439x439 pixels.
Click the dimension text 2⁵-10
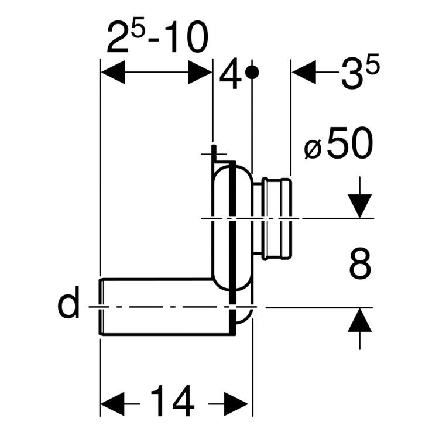(157, 38)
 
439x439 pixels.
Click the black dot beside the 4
(252, 73)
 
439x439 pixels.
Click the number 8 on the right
(359, 264)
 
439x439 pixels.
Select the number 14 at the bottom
(173, 402)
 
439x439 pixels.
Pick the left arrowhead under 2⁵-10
(112, 74)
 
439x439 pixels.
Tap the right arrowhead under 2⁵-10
(200, 74)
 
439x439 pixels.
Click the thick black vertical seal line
(234, 234)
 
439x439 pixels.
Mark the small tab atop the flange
(215, 154)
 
